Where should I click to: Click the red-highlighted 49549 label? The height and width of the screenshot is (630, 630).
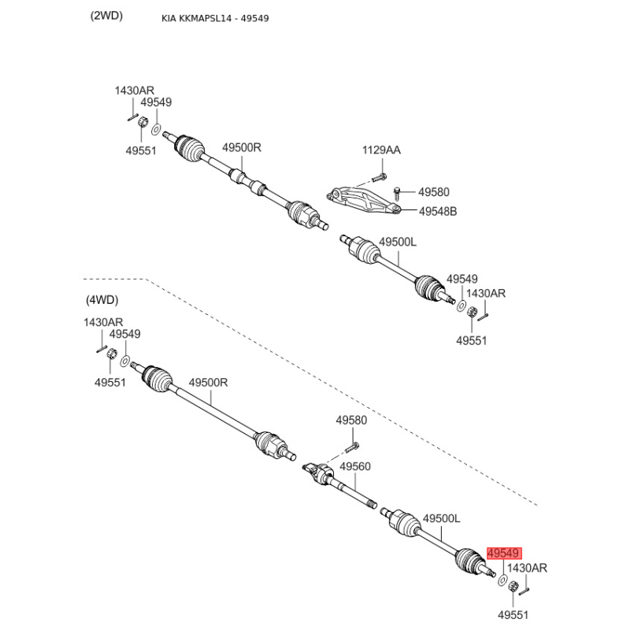click(x=504, y=554)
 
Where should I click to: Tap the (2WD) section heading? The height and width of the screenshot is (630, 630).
click(x=106, y=16)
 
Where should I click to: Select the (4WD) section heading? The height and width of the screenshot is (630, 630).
click(x=102, y=300)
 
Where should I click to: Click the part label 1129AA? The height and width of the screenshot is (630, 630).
click(x=381, y=150)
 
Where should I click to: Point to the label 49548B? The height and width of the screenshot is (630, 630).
click(x=438, y=211)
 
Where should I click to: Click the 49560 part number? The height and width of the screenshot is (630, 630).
click(x=355, y=466)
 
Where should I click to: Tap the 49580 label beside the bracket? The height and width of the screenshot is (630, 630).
click(x=434, y=192)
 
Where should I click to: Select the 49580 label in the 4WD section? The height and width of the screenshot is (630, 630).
click(x=351, y=421)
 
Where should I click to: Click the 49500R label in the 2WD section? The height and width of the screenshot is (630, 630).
click(x=242, y=147)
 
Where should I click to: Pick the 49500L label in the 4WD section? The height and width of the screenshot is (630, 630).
click(x=442, y=519)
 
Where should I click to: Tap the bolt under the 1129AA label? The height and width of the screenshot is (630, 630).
click(x=379, y=176)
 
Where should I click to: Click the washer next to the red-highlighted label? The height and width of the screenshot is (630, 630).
click(x=502, y=580)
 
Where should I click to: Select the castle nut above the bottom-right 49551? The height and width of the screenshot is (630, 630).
click(x=513, y=587)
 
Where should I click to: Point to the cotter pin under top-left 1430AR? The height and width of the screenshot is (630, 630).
click(x=133, y=117)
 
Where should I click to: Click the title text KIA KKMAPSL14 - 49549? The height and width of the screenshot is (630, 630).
click(x=215, y=18)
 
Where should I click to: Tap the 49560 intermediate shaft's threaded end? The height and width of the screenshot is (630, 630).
click(x=371, y=504)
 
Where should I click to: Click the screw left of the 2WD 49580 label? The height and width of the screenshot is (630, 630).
click(x=397, y=192)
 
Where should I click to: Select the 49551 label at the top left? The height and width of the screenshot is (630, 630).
click(x=141, y=150)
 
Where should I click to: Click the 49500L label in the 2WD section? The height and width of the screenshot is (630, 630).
click(x=398, y=242)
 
